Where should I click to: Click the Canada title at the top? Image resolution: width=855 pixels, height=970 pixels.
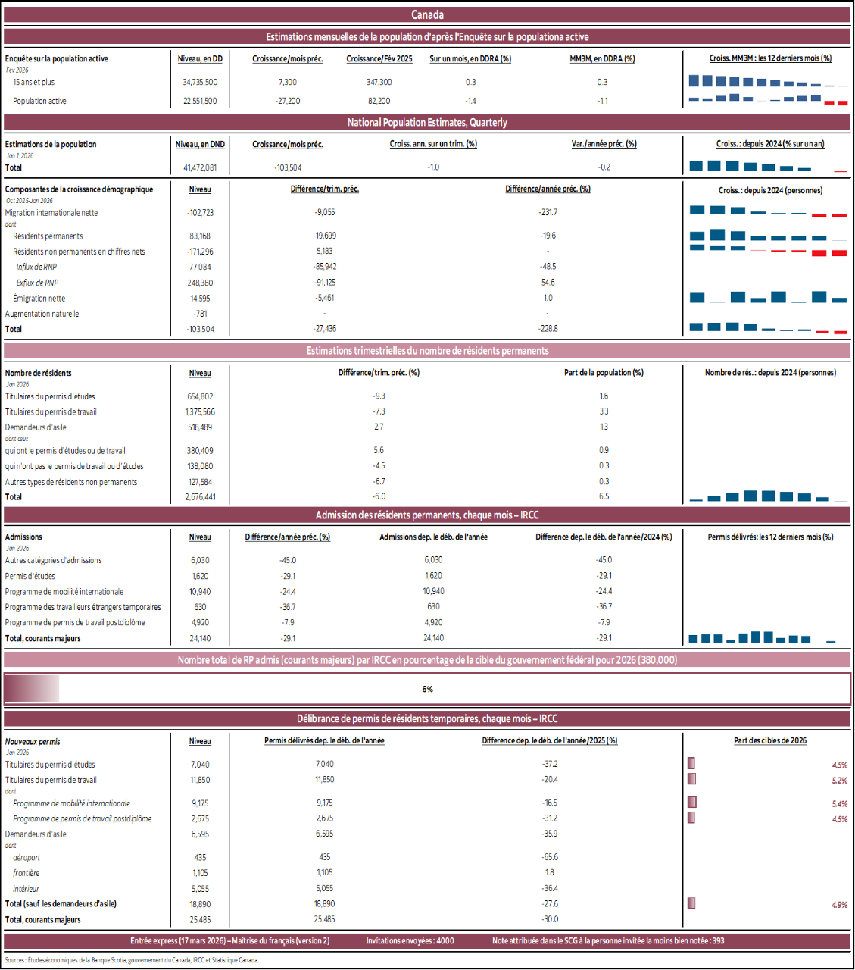[x=427, y=14]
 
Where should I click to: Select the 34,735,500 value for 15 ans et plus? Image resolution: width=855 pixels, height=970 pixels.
[x=200, y=82]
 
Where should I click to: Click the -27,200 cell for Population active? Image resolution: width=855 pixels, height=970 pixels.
[x=287, y=101]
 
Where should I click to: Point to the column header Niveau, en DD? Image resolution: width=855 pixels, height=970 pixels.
[x=200, y=58]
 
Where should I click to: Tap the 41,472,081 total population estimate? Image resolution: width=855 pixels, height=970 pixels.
[x=200, y=167]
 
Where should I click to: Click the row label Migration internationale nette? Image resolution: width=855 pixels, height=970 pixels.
[x=51, y=213]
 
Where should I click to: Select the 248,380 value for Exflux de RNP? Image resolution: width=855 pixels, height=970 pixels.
[x=200, y=283]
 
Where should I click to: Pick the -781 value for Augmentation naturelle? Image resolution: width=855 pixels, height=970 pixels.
[x=200, y=314]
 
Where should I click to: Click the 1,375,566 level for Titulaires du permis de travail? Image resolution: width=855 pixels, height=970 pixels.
[x=200, y=412]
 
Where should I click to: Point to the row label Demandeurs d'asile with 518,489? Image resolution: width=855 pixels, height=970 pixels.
[x=36, y=427]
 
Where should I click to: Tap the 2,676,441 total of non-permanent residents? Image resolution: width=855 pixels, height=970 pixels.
[x=200, y=497]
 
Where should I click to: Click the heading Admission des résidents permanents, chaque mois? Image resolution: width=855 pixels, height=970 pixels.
[x=427, y=515]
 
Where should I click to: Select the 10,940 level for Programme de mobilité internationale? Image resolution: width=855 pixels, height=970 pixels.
[x=200, y=592]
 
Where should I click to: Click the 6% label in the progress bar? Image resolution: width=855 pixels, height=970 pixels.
[x=427, y=689]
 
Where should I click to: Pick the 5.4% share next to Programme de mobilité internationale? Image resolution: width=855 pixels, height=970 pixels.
[x=839, y=804]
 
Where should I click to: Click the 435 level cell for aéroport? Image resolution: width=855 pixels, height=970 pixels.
[x=200, y=858]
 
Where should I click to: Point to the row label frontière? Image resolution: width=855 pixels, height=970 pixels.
[x=27, y=873]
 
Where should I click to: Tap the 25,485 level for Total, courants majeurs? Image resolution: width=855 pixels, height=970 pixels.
[x=200, y=920]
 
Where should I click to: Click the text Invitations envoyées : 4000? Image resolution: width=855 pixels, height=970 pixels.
[x=410, y=940]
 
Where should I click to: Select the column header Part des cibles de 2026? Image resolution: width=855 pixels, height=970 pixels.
[x=769, y=740]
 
